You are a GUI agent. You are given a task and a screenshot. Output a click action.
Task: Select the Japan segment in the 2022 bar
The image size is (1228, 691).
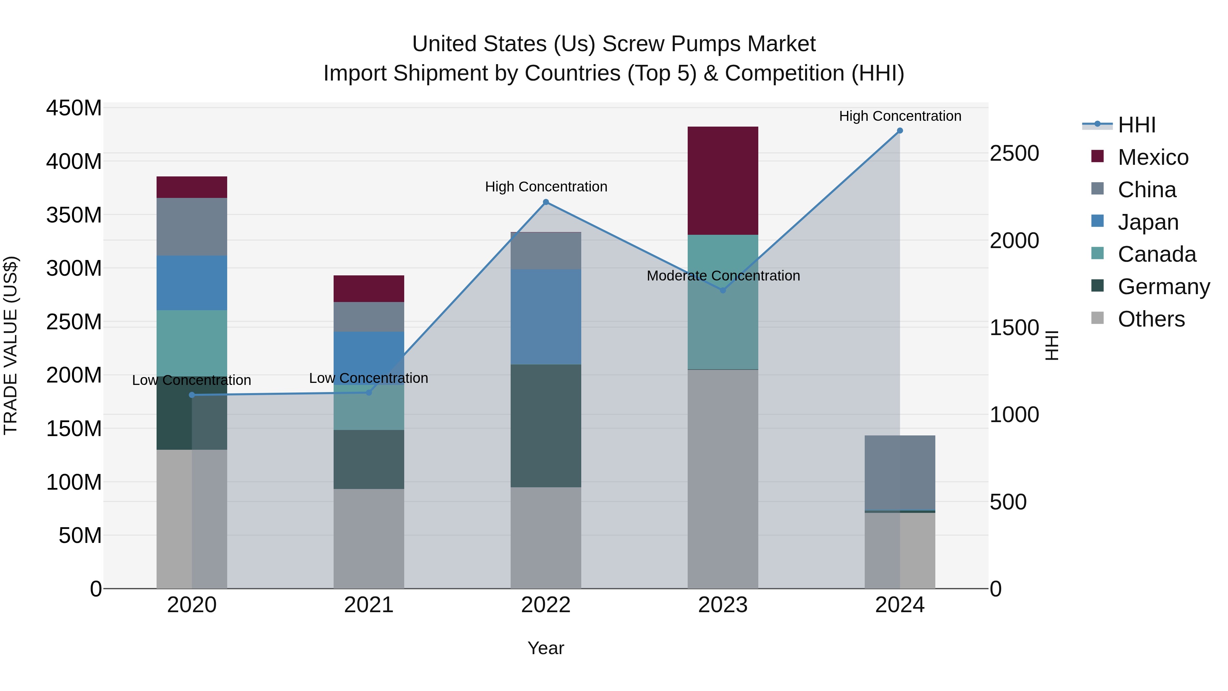point(546,317)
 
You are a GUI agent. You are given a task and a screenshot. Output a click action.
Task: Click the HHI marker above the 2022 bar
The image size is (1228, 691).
point(546,202)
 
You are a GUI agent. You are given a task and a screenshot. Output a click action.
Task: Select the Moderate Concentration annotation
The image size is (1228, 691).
point(723,276)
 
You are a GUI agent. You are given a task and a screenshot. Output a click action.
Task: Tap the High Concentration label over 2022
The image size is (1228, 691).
point(546,186)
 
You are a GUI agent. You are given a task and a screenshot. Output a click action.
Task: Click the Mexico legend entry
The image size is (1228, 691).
point(1153,157)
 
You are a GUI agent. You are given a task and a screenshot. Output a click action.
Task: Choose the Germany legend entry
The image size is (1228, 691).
point(1163,287)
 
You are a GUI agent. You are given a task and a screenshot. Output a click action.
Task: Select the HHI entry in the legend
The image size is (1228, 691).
point(1137,125)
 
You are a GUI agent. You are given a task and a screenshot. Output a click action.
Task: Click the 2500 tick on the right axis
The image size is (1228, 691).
point(1014,154)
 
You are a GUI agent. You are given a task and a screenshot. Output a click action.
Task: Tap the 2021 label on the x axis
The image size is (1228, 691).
point(368,605)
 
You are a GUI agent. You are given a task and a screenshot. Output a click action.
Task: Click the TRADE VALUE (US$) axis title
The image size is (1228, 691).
point(11,345)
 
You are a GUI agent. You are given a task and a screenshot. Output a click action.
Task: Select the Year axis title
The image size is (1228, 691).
point(546,648)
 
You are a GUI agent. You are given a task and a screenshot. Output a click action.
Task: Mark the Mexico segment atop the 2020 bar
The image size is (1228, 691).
point(192,187)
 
